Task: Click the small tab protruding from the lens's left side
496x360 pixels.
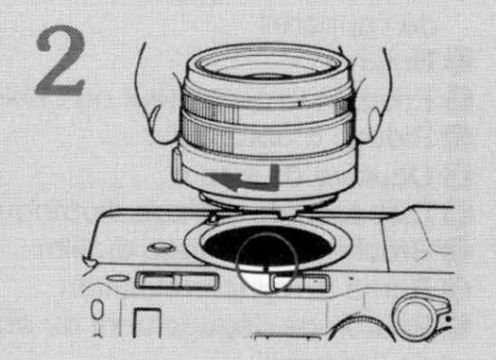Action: (179, 166)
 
